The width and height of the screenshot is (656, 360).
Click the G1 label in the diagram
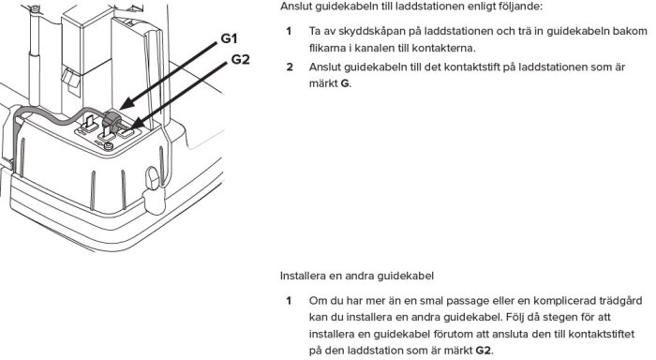(x=230, y=39)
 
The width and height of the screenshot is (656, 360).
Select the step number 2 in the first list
(x=290, y=68)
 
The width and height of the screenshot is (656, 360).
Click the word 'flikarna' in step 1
(x=329, y=47)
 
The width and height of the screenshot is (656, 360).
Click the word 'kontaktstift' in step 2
(x=463, y=68)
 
